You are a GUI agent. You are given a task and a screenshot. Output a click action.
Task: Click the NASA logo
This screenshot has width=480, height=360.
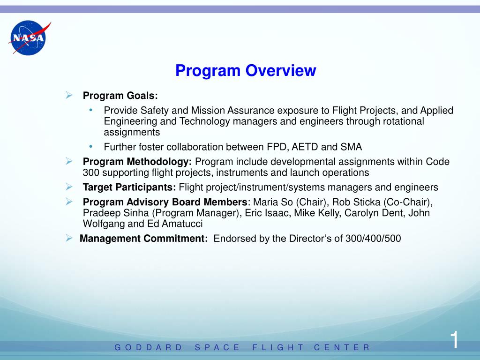click(28, 37)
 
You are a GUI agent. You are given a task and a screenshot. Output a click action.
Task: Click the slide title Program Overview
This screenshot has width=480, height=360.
click(246, 71)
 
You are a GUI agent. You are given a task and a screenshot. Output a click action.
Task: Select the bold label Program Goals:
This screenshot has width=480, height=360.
click(120, 96)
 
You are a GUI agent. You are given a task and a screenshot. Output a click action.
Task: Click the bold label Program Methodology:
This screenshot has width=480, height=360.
click(137, 162)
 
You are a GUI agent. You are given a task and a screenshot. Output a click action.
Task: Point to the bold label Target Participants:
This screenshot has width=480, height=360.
click(129, 187)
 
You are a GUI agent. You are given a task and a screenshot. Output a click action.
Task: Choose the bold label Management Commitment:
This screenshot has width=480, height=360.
click(144, 238)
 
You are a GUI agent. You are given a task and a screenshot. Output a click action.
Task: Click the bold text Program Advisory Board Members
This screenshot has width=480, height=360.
click(165, 202)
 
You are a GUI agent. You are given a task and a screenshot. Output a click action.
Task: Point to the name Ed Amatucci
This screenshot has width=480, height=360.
click(175, 224)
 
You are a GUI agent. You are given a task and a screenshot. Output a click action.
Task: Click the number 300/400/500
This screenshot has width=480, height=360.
click(373, 238)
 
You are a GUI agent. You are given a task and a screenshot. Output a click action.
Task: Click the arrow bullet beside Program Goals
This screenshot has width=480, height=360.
click(69, 95)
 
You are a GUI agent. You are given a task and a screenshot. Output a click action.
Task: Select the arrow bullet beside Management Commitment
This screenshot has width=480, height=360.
click(69, 238)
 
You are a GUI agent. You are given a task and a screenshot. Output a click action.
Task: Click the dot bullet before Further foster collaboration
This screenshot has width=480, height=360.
click(90, 146)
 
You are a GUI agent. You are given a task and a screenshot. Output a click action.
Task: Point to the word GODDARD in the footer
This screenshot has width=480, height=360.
click(148, 347)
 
